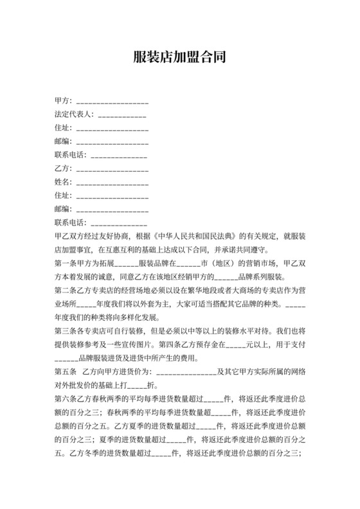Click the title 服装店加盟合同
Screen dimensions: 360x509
point(180,57)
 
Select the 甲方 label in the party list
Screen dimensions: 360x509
point(63,101)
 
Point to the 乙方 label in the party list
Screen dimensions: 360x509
point(63,168)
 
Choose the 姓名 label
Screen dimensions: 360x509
point(63,182)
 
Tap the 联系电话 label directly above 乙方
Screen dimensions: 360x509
point(71,155)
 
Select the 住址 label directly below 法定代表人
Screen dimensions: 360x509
point(63,128)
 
